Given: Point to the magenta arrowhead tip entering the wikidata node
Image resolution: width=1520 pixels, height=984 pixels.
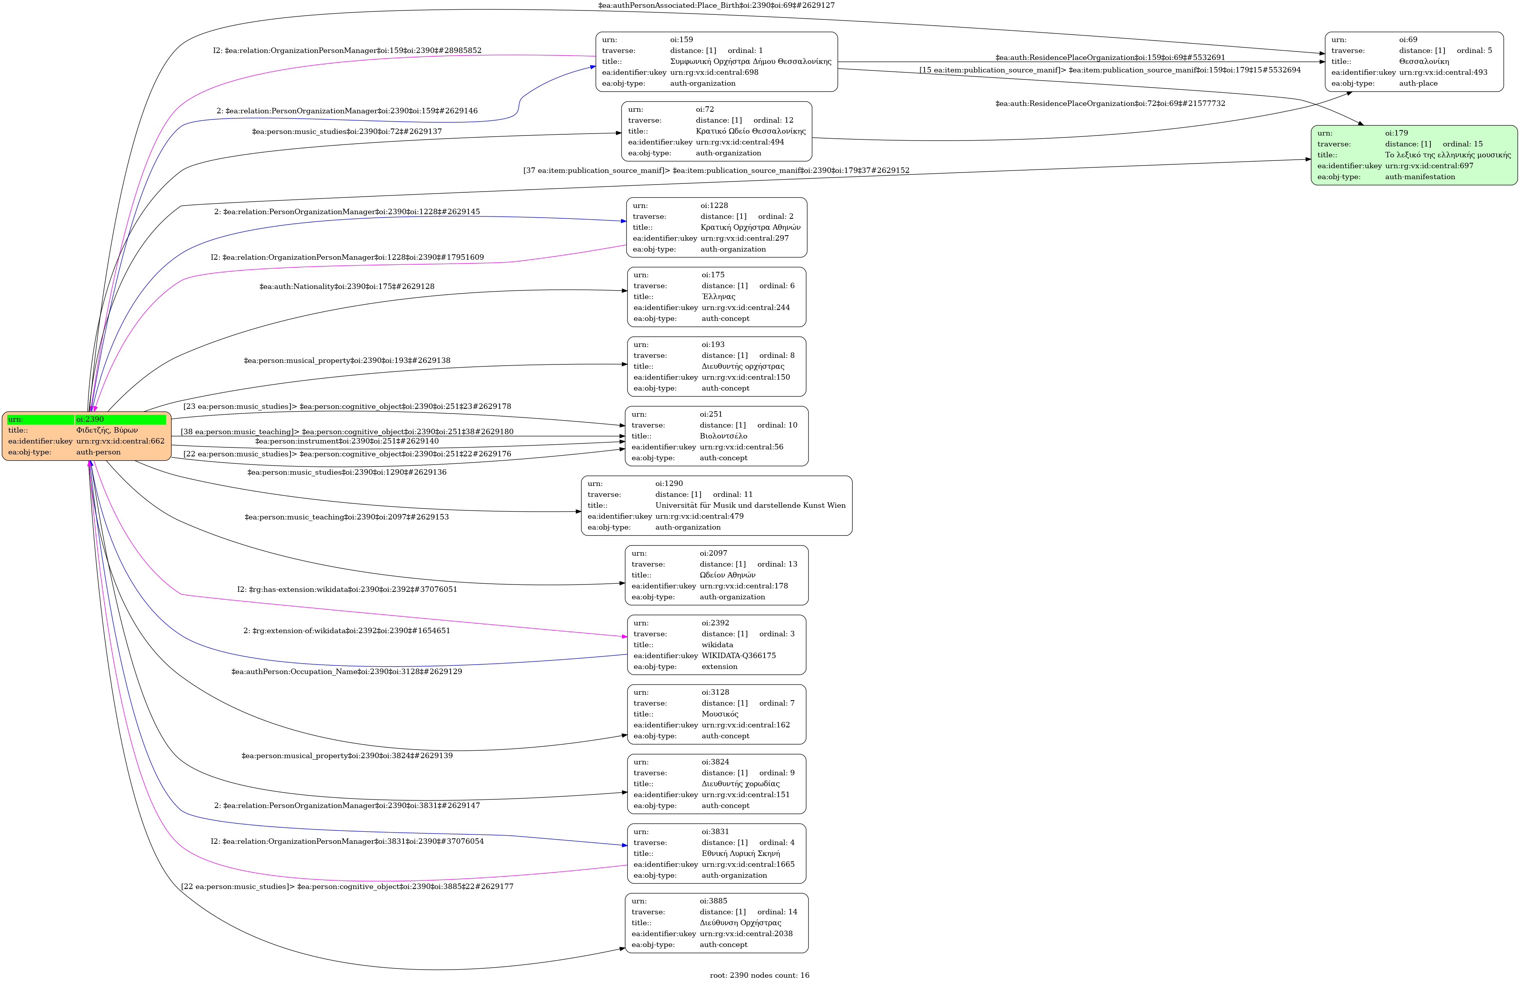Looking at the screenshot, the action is coord(628,637).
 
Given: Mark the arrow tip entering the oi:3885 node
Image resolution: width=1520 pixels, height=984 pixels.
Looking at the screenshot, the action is coord(626,948).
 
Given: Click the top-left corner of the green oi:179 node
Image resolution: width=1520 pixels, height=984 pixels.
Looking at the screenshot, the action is coord(1312,126).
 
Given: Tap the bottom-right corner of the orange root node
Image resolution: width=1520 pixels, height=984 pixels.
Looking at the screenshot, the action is coord(171,460).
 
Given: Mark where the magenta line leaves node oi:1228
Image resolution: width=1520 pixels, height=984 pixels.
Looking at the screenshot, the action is coord(627,245).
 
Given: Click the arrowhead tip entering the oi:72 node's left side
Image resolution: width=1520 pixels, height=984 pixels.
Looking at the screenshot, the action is coord(622,133).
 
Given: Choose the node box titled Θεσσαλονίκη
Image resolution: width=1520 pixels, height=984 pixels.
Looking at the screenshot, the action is coord(1414,62).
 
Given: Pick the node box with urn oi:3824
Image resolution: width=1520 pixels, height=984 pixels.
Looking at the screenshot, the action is coord(717,783).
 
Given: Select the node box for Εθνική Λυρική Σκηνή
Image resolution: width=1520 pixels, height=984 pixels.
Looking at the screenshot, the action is coord(717,854).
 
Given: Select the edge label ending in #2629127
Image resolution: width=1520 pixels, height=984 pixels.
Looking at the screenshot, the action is coord(716,5).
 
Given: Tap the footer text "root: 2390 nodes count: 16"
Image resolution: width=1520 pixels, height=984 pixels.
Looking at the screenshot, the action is coord(759,975).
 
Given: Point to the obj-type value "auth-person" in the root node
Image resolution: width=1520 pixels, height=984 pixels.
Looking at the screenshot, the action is coord(99,452).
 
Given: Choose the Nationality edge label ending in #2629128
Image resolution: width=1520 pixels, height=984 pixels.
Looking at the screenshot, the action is coord(347,286).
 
